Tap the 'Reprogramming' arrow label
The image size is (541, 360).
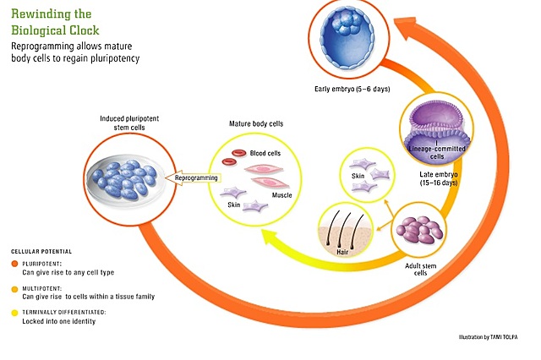(196, 178)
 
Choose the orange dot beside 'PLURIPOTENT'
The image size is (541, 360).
(14, 263)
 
